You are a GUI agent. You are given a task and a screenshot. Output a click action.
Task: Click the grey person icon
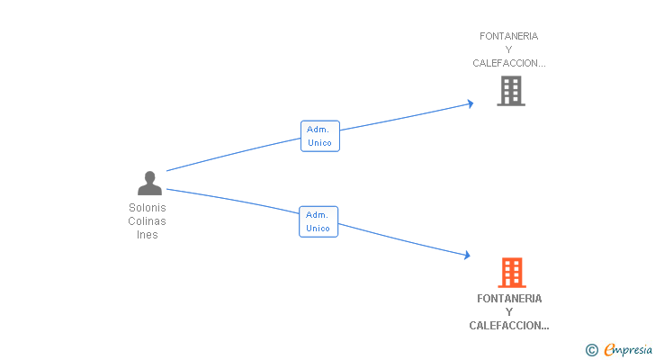pos(149,183)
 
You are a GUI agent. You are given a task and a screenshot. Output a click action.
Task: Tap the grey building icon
pos(510,91)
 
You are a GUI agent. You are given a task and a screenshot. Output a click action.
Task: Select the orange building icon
pos(511,272)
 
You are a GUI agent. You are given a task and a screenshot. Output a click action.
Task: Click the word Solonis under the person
pos(148,208)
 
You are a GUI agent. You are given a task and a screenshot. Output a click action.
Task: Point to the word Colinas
pos(148,221)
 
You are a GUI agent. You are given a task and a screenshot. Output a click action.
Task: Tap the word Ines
pos(148,235)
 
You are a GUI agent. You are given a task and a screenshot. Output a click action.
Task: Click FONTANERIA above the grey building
pos(509,36)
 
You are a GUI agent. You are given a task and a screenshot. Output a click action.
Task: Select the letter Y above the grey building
pos(509,49)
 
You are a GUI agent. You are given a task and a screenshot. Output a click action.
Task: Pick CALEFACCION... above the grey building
pos(509,63)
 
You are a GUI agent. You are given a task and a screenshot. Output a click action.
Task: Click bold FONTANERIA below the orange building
pos(509,299)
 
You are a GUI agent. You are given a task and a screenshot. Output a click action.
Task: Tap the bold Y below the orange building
pos(509,312)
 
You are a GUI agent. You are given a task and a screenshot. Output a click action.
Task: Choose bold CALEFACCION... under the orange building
pos(509,326)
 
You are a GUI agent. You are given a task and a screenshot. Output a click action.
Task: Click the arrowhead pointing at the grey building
pos(469,103)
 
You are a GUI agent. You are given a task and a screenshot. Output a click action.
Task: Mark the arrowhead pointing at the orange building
pos(466,256)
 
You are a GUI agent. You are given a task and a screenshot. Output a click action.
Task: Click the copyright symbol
pos(591,350)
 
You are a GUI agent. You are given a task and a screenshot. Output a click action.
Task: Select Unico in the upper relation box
pos(319,142)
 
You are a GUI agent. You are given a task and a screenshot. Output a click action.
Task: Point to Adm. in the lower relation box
pos(316,214)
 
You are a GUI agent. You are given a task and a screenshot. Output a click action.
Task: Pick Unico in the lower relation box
pos(319,228)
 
